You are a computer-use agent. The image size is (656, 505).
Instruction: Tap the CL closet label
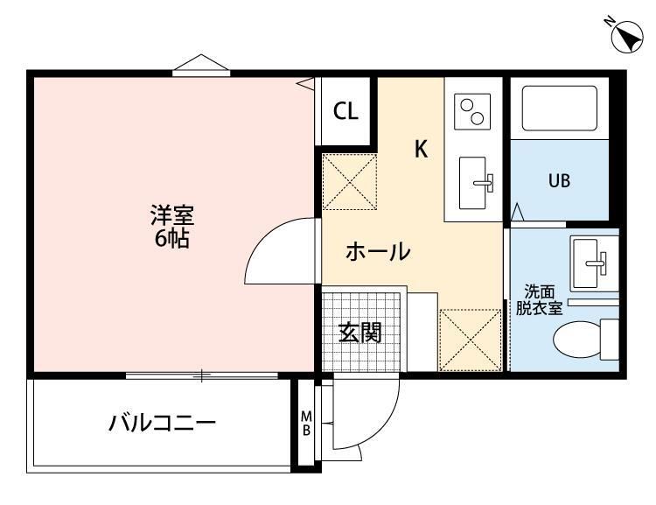345,111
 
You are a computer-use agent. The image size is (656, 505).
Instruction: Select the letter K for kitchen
422,150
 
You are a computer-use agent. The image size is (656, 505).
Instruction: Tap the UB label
559,181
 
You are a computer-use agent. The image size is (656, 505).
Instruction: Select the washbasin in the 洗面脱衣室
594,262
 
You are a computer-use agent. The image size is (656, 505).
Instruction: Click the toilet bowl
585,337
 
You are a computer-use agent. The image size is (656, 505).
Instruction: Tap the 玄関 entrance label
360,333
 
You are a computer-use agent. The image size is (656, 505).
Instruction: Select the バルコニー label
163,424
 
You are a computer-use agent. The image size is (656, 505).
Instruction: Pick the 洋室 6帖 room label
171,227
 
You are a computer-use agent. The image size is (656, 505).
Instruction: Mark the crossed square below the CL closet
350,181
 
